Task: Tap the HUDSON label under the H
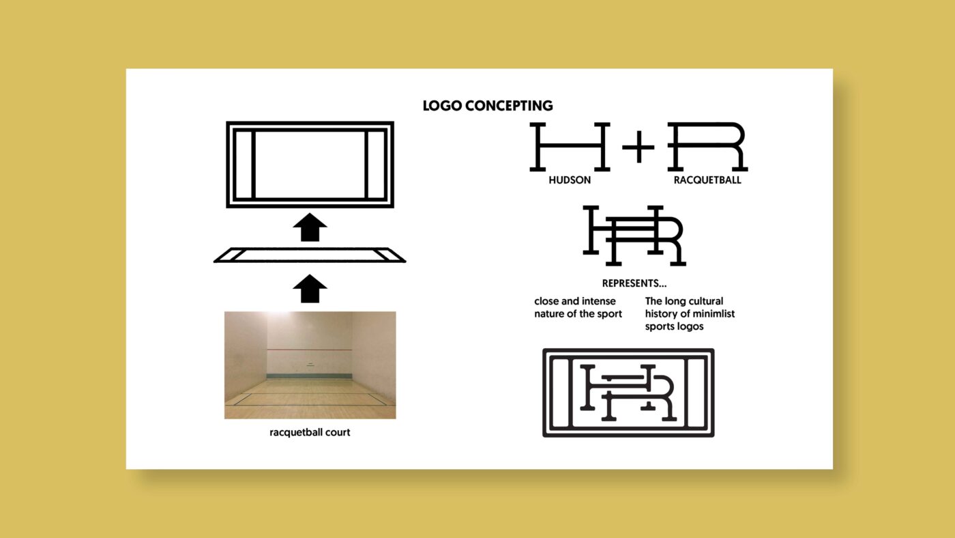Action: [570, 181]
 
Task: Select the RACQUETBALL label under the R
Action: [707, 181]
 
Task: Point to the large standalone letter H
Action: [570, 147]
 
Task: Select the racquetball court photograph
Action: [310, 365]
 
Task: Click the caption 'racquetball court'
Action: [310, 432]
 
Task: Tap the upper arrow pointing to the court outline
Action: [310, 227]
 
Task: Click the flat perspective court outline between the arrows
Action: [310, 255]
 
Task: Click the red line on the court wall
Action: [310, 350]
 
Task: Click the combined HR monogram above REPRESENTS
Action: [634, 235]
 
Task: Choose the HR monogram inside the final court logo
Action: [628, 393]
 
